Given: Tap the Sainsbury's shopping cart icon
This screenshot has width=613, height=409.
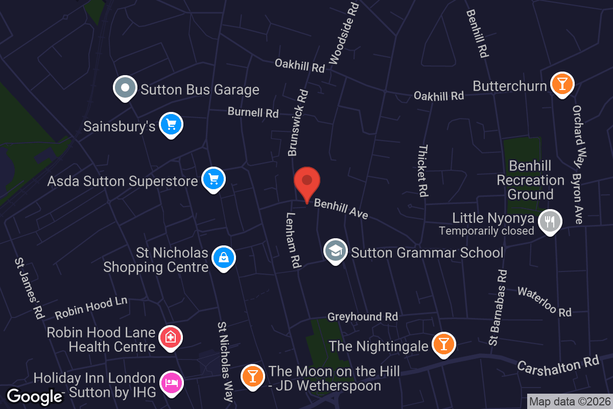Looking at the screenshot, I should pyautogui.click(x=171, y=124).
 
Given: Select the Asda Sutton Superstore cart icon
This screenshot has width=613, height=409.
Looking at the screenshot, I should pyautogui.click(x=214, y=179).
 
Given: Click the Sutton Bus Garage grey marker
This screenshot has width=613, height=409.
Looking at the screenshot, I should pyautogui.click(x=125, y=88).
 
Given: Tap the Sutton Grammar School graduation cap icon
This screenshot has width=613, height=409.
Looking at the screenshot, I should pyautogui.click(x=335, y=251).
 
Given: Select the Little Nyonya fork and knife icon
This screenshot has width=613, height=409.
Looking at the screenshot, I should pyautogui.click(x=550, y=221).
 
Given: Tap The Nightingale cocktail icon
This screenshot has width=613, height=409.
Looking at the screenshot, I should pyautogui.click(x=443, y=344).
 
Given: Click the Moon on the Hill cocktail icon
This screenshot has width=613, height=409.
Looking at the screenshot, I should pyautogui.click(x=252, y=376).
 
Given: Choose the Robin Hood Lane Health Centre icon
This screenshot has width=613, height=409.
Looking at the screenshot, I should pyautogui.click(x=171, y=337).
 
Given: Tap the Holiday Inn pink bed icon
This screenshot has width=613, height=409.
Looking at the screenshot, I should pyautogui.click(x=171, y=383).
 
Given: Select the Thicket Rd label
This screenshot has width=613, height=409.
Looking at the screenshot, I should pyautogui.click(x=422, y=171).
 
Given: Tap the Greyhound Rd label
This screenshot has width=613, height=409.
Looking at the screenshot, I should pyautogui.click(x=363, y=317).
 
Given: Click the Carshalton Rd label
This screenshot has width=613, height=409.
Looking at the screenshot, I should pyautogui.click(x=557, y=366).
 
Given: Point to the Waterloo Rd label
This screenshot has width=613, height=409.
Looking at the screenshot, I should pyautogui.click(x=544, y=301).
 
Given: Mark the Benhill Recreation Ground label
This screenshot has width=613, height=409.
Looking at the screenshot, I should pyautogui.click(x=530, y=180).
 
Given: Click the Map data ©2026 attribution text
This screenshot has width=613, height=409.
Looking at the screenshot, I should pyautogui.click(x=570, y=402).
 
